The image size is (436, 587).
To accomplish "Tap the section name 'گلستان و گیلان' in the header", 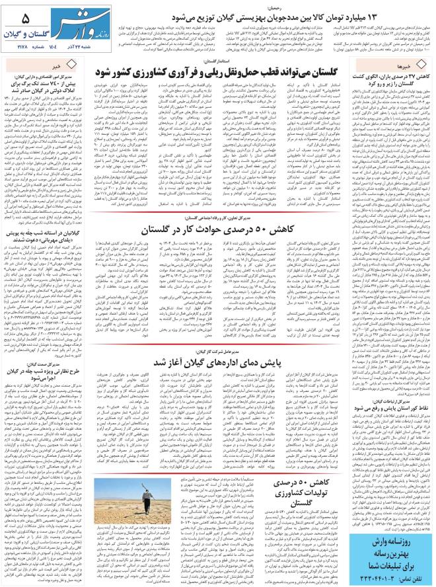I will point(26,32).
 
